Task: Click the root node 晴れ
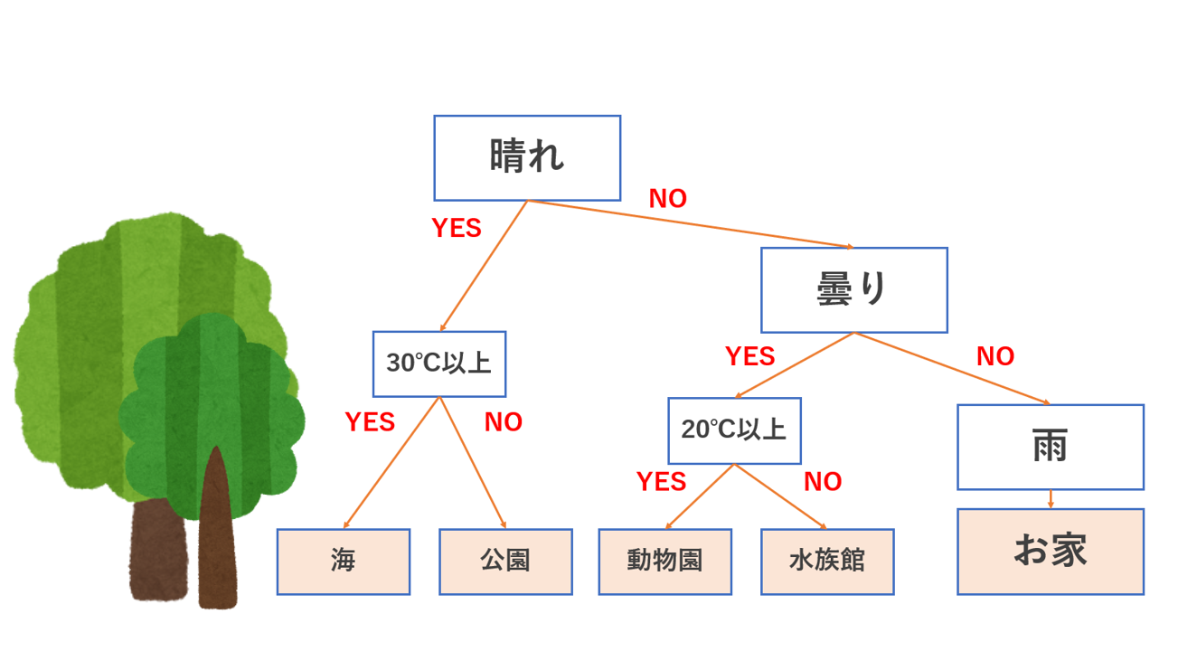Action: tap(527, 157)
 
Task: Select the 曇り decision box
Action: tap(853, 289)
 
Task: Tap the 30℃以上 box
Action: tap(439, 364)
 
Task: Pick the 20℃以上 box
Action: tap(734, 430)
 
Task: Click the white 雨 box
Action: tap(1050, 447)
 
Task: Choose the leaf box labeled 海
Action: tap(343, 562)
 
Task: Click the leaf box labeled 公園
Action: tap(505, 562)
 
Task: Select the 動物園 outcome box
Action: tap(664, 562)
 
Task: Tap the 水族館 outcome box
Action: tap(827, 562)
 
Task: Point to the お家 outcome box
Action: tap(1050, 551)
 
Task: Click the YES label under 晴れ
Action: tap(457, 228)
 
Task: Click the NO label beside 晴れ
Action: tap(668, 199)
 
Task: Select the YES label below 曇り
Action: tap(749, 356)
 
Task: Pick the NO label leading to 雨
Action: tap(995, 356)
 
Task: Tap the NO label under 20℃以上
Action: tap(823, 482)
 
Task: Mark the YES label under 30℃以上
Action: tap(370, 422)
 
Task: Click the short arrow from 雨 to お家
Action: tap(1050, 499)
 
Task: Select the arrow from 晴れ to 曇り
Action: tap(691, 223)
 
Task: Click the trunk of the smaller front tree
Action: tap(217, 543)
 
